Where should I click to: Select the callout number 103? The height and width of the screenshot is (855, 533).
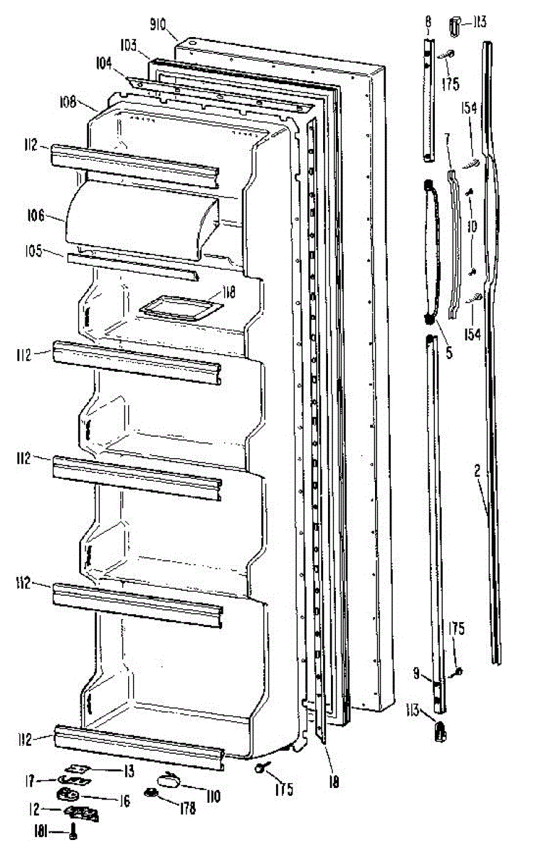click(129, 44)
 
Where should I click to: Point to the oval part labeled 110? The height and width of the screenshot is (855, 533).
click(171, 782)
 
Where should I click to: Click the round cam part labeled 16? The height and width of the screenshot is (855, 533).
click(69, 794)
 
